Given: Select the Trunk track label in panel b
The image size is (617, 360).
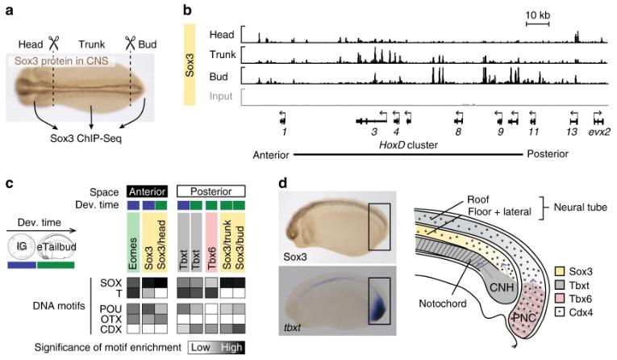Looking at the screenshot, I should (x=223, y=55).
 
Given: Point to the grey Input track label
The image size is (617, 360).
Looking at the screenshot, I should (x=224, y=96).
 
